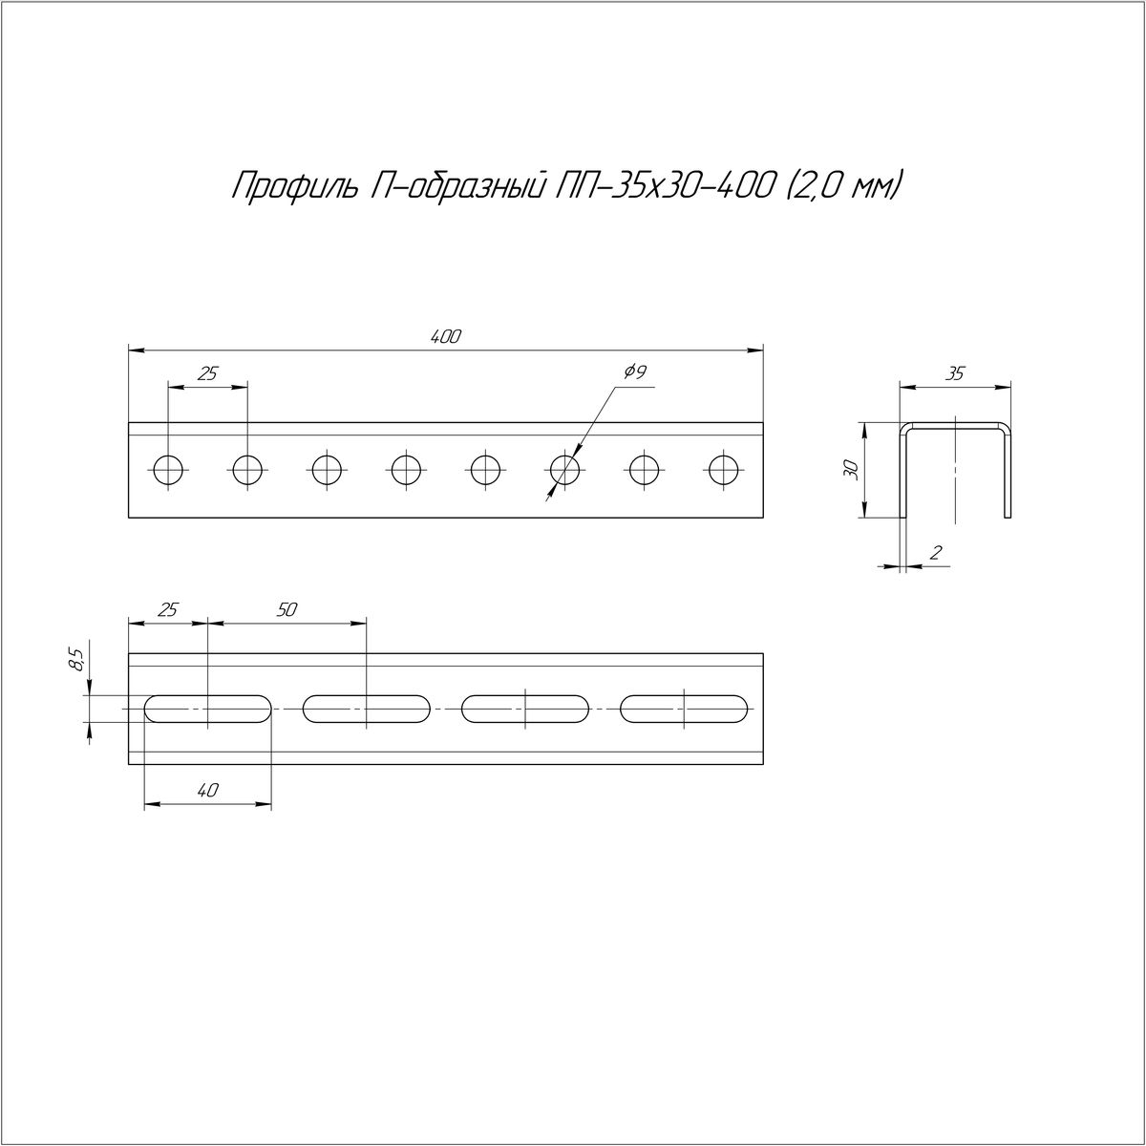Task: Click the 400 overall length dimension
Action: tap(445, 337)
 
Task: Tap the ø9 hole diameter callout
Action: tap(635, 372)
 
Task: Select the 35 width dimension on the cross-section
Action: tap(954, 373)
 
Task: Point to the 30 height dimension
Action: tap(851, 470)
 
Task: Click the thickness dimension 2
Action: tap(936, 553)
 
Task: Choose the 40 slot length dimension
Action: tap(208, 790)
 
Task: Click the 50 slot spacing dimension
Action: tap(286, 610)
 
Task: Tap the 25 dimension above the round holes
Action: tap(207, 373)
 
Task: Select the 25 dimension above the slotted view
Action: tap(168, 610)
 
